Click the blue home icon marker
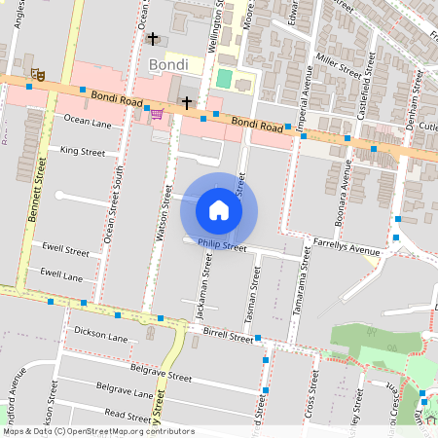tap(219, 209)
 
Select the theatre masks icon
tap(38, 74)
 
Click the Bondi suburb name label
tap(169, 65)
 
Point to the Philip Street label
tap(222, 246)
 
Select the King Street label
tap(83, 152)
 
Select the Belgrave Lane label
tap(124, 394)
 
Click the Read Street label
tap(128, 414)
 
